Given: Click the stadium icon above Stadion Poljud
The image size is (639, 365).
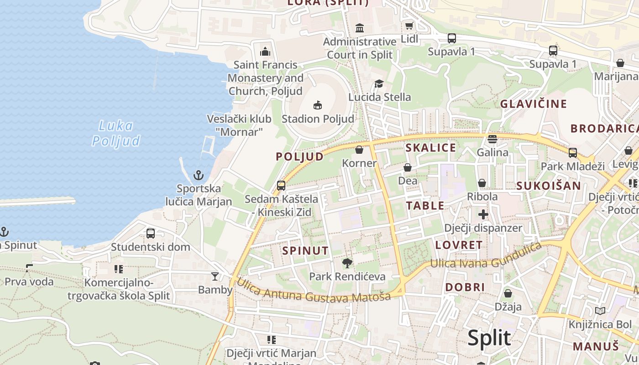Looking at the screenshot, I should click(x=318, y=106).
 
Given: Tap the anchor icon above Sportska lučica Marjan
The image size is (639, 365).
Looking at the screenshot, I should click(x=199, y=175).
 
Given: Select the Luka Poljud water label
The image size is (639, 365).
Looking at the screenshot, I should click(x=115, y=133).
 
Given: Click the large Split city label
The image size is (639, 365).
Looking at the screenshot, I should click(x=489, y=338).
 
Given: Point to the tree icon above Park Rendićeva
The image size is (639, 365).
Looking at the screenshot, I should click(x=347, y=263).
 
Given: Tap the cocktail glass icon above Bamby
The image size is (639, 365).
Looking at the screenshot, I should click(x=215, y=276).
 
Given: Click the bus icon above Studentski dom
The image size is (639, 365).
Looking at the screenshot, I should click(x=151, y=234).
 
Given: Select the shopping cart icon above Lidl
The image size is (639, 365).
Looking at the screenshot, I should click(x=409, y=26).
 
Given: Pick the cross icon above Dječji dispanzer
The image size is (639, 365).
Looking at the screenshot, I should click(x=483, y=214).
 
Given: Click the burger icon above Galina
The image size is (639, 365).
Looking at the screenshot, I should click(x=492, y=139).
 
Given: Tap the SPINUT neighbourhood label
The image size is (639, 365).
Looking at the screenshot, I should click(x=305, y=250).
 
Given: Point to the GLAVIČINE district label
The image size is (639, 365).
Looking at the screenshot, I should click(x=534, y=104).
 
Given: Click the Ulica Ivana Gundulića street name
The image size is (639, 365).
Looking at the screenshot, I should click(x=486, y=258).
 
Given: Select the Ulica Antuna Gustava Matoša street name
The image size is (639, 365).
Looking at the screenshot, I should click(x=313, y=290).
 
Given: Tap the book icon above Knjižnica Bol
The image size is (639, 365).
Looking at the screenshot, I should click(x=600, y=311).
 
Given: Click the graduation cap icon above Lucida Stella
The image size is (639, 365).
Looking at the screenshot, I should click(x=379, y=83).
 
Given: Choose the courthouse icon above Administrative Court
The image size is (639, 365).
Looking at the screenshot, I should click(x=360, y=28).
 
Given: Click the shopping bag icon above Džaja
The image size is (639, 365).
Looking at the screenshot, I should click(x=508, y=293).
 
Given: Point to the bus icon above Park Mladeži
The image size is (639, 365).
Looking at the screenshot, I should click(x=572, y=153).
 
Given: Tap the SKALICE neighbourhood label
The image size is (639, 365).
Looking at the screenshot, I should click(x=430, y=147).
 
